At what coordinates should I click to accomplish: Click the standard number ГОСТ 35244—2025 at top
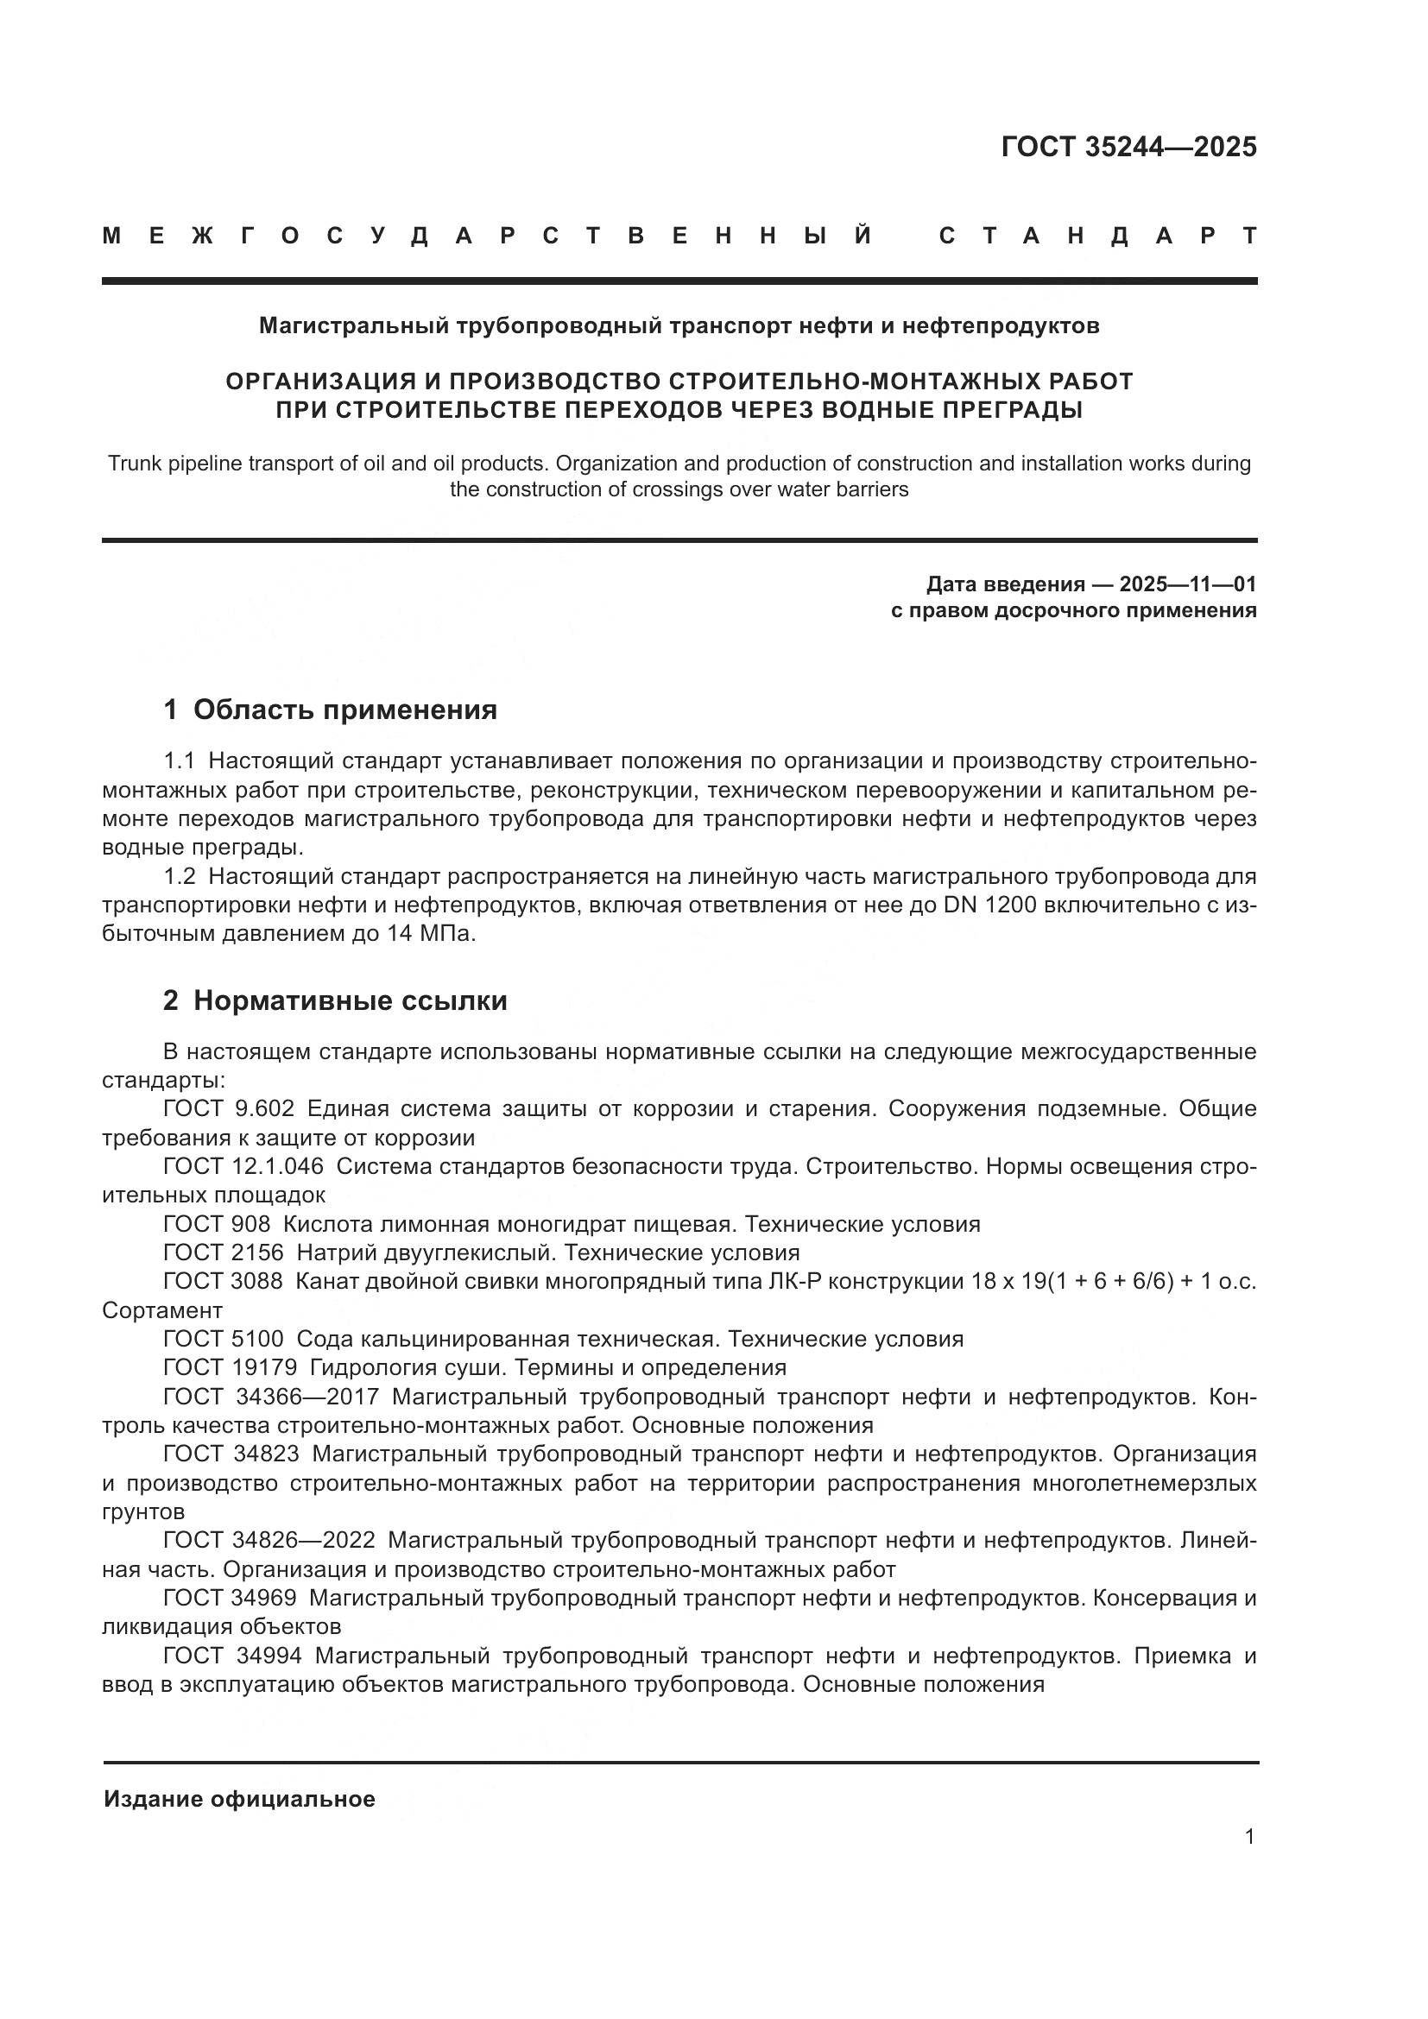point(1128,147)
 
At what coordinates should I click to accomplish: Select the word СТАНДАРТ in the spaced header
point(1097,236)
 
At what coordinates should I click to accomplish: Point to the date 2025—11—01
point(1199,584)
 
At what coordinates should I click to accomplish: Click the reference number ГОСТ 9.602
point(229,1109)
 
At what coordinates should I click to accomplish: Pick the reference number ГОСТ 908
point(217,1224)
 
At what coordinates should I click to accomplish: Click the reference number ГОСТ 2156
point(224,1252)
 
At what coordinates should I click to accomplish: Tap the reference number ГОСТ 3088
point(224,1281)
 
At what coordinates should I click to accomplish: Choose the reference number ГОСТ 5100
point(224,1340)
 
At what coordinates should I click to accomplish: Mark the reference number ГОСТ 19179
point(230,1367)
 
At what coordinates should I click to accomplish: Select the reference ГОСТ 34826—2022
point(269,1541)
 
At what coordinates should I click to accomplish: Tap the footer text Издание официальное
point(239,1799)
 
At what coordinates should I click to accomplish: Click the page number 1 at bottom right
point(1249,1837)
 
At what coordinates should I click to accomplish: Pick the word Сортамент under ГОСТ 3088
point(162,1310)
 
